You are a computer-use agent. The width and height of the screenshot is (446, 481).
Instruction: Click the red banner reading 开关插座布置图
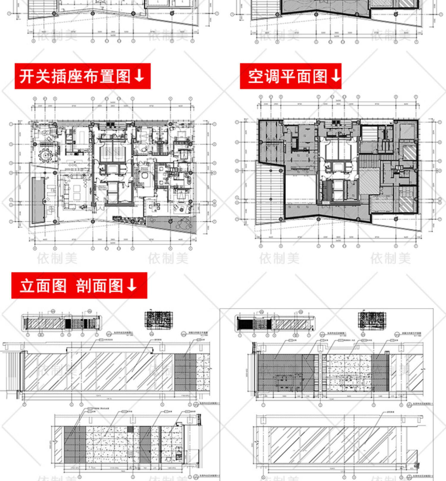coord(82,76)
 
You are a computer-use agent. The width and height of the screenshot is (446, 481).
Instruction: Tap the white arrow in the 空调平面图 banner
coord(336,76)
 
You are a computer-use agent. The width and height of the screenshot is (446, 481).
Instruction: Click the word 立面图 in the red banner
coord(43,286)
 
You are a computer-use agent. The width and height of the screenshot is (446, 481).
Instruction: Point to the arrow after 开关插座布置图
coord(139,76)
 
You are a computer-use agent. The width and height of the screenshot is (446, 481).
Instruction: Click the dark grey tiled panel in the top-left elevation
coord(185,372)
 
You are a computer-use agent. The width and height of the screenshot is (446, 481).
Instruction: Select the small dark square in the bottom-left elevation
coord(130,429)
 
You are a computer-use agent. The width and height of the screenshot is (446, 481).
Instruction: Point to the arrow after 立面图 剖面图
coord(131,285)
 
